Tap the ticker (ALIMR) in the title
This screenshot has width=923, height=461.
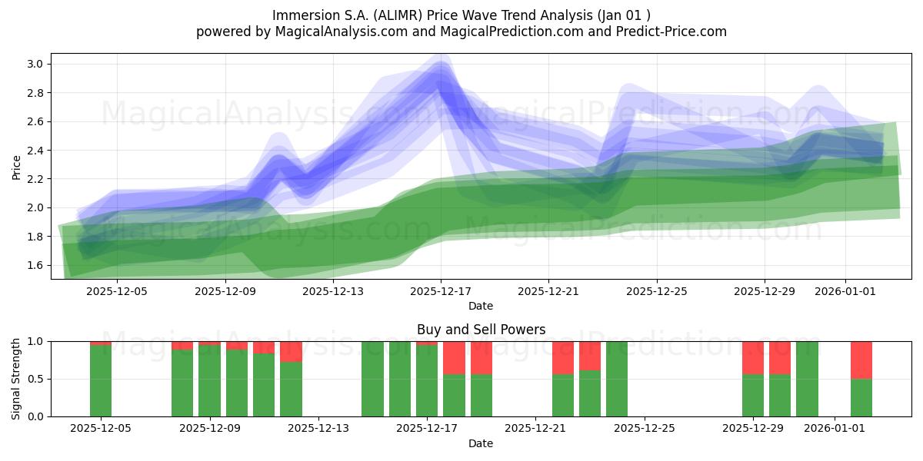click(x=398, y=15)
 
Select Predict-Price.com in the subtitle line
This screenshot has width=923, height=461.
click(x=671, y=32)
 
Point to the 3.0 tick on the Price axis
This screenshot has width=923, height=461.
click(x=35, y=64)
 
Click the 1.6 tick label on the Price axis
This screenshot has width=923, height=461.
click(x=35, y=265)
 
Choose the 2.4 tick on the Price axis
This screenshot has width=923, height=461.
click(x=35, y=151)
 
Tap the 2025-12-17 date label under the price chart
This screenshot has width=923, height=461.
click(x=441, y=291)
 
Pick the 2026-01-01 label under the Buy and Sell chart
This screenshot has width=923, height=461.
click(x=835, y=429)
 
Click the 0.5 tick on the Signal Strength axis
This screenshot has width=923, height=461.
click(x=36, y=379)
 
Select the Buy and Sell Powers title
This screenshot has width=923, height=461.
click(x=481, y=330)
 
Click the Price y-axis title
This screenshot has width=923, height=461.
click(x=16, y=167)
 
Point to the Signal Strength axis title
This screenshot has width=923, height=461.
click(x=15, y=379)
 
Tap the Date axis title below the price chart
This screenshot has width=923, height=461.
click(x=481, y=306)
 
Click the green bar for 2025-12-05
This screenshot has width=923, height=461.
click(x=101, y=381)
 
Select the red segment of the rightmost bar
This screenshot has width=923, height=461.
click(x=861, y=360)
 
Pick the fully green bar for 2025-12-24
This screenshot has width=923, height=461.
click(x=616, y=379)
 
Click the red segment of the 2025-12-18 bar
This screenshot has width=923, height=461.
click(x=454, y=358)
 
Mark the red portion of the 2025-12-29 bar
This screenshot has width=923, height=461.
click(x=753, y=358)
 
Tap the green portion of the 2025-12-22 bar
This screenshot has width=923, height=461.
click(x=563, y=395)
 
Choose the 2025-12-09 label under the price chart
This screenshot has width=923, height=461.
click(x=225, y=291)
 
